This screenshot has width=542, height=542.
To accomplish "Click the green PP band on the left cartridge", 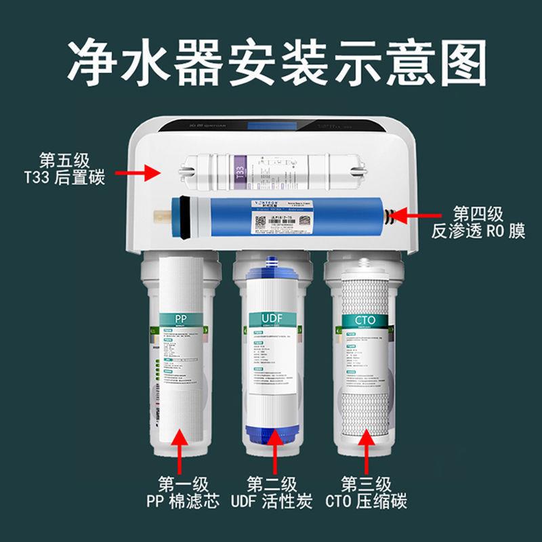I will (x=180, y=318).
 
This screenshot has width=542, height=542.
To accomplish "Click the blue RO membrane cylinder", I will (x=285, y=215).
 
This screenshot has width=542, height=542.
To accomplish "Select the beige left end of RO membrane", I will (x=162, y=217).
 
